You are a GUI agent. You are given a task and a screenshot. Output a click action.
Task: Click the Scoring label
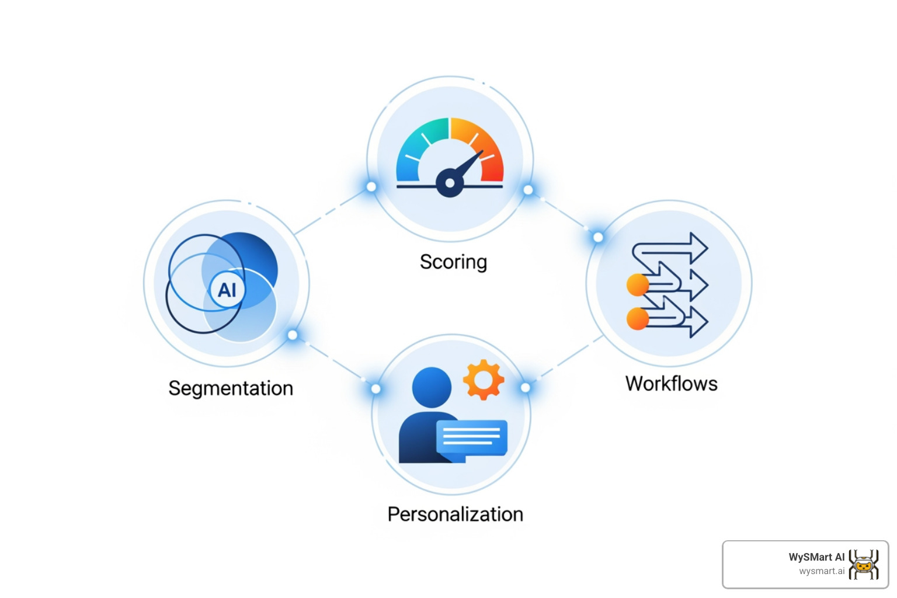click(x=453, y=262)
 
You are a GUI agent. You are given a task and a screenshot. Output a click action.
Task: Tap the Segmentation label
click(x=231, y=388)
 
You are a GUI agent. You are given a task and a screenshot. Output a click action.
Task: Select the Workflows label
click(x=672, y=384)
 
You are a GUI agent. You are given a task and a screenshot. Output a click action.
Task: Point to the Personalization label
click(x=455, y=514)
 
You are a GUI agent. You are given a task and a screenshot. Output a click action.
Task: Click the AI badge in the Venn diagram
click(x=227, y=290)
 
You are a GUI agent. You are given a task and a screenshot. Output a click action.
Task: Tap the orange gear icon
click(x=483, y=380)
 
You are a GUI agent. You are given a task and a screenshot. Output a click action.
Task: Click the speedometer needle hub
click(x=450, y=183)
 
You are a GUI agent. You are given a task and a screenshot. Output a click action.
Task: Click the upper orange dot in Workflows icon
click(x=638, y=285)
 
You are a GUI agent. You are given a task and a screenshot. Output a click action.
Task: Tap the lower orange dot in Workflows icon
click(x=638, y=319)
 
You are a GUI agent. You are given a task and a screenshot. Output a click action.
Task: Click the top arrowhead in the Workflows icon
click(x=698, y=248)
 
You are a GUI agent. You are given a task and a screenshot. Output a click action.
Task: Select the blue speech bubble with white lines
click(x=472, y=437)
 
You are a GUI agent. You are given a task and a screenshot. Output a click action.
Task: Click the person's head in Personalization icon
click(x=432, y=387)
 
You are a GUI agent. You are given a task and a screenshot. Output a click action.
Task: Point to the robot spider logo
click(x=864, y=565)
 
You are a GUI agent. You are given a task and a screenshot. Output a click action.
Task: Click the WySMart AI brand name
click(x=816, y=557)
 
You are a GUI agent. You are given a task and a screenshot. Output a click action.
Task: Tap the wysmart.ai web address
click(x=822, y=571)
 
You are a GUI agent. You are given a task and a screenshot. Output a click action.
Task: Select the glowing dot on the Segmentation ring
click(x=293, y=335)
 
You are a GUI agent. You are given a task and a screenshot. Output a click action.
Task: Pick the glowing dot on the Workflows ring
click(x=598, y=237)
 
